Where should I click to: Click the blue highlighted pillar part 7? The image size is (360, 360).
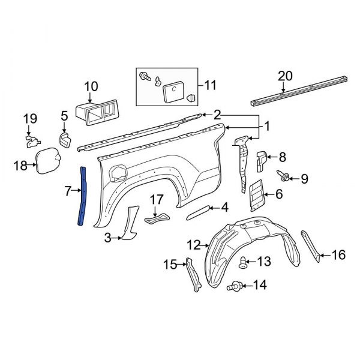tap(83, 195)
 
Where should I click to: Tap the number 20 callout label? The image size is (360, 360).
tap(286, 76)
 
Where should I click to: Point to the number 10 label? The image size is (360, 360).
tap(90, 86)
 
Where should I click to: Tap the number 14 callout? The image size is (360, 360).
tap(260, 285)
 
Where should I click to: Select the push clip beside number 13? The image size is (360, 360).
tap(244, 262)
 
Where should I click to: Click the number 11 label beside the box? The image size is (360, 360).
tap(209, 86)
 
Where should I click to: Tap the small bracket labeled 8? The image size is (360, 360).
tap(262, 160)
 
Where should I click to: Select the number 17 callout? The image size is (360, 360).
tap(156, 199)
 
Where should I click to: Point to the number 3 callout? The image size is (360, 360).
tap(107, 238)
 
